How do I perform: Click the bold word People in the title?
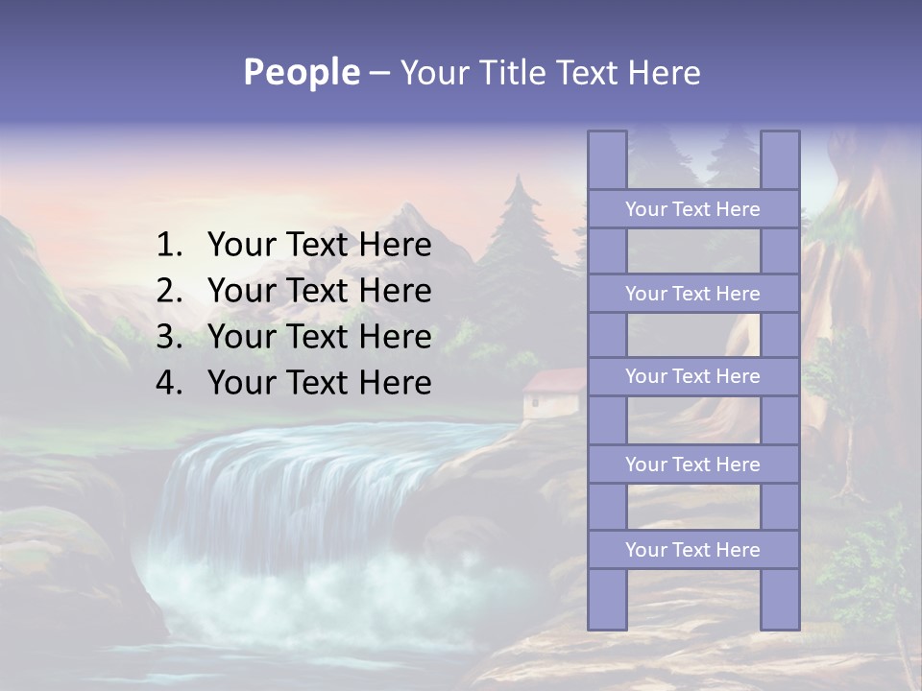click(301, 72)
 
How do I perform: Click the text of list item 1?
click(319, 246)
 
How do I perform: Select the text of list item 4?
click(319, 383)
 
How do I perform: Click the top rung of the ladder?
click(692, 209)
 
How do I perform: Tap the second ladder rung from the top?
click(692, 294)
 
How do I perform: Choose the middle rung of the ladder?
click(692, 377)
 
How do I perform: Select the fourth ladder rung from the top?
click(692, 465)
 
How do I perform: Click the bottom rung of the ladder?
click(692, 550)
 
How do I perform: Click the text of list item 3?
click(319, 337)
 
